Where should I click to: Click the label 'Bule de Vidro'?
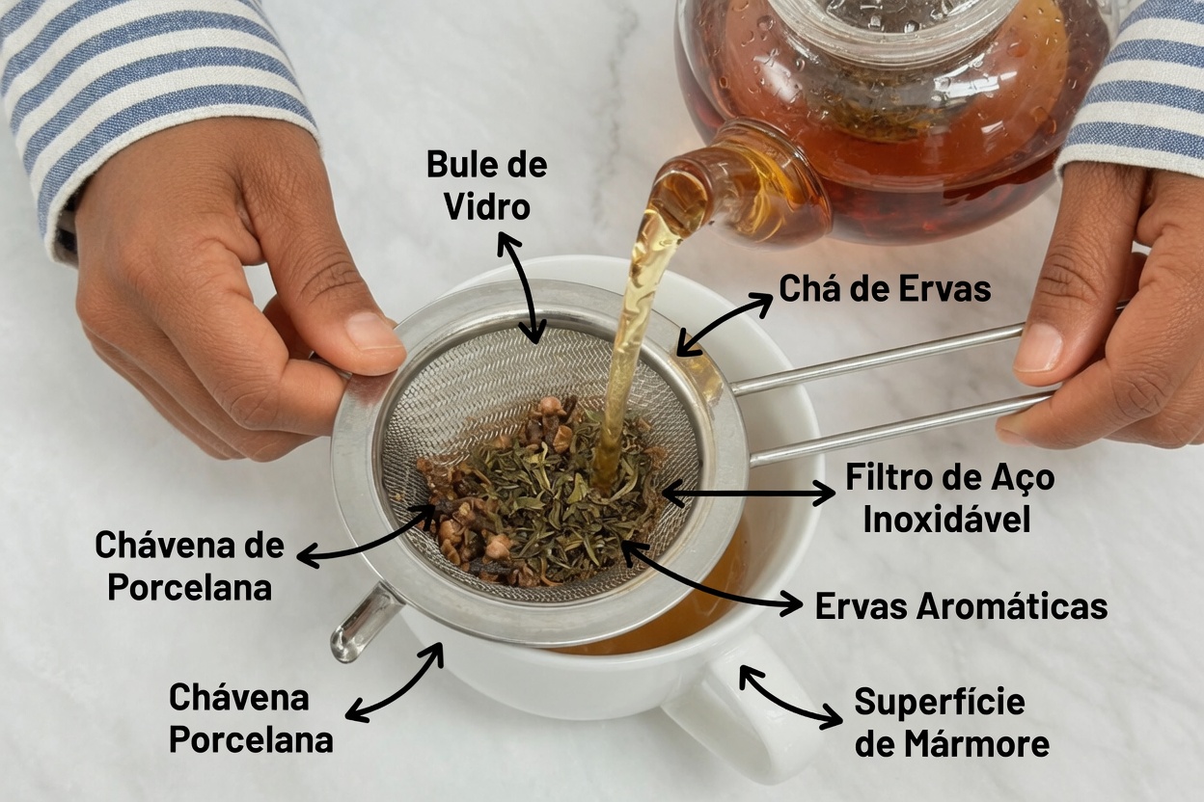click(487, 186)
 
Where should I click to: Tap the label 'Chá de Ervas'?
click(885, 289)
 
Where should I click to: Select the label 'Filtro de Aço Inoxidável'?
click(949, 498)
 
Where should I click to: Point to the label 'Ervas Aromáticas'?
click(962, 606)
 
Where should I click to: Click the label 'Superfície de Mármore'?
click(952, 723)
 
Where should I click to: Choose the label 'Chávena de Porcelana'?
click(190, 566)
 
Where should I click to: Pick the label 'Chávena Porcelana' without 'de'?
click(251, 719)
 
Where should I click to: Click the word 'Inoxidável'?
click(946, 519)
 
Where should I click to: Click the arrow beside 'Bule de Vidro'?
click(518, 287)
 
